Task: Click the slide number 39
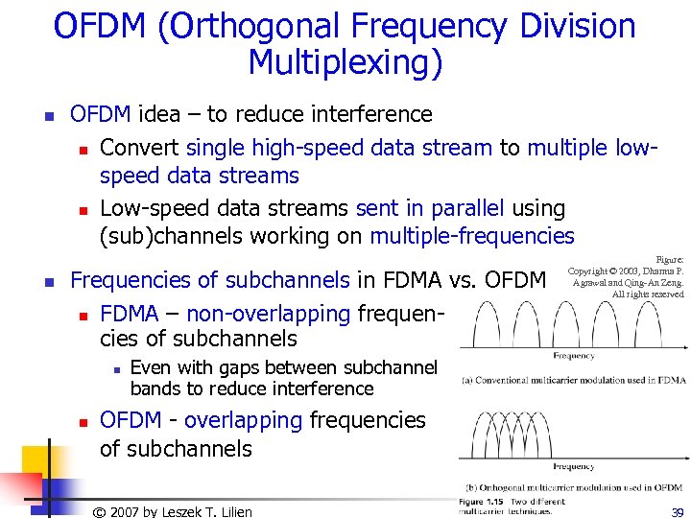point(678,512)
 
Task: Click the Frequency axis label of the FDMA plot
point(573,355)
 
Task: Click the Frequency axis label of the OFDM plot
point(573,467)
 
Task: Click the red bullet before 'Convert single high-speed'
point(84,150)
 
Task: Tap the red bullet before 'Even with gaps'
point(114,369)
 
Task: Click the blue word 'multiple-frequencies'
point(472,236)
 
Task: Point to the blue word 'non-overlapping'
point(268,314)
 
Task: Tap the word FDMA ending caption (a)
point(673,380)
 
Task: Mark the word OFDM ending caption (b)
point(669,487)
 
